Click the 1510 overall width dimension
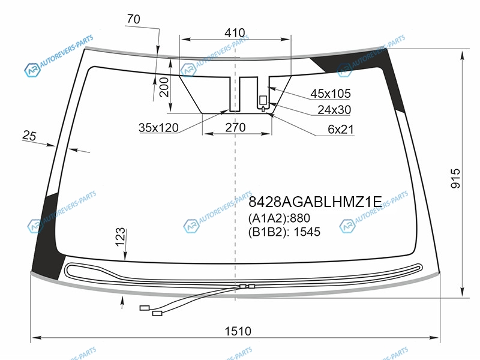pyautogui.click(x=238, y=331)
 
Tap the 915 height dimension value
pyautogui.click(x=455, y=178)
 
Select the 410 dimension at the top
pyautogui.click(x=235, y=33)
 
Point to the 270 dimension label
pyautogui.click(x=235, y=127)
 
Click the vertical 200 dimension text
pyautogui.click(x=164, y=87)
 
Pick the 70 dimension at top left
pyautogui.click(x=133, y=19)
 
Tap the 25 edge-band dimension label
pyautogui.click(x=29, y=136)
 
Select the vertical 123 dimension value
pyautogui.click(x=121, y=236)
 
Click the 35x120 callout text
pyautogui.click(x=158, y=128)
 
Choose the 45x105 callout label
pyautogui.click(x=331, y=94)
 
